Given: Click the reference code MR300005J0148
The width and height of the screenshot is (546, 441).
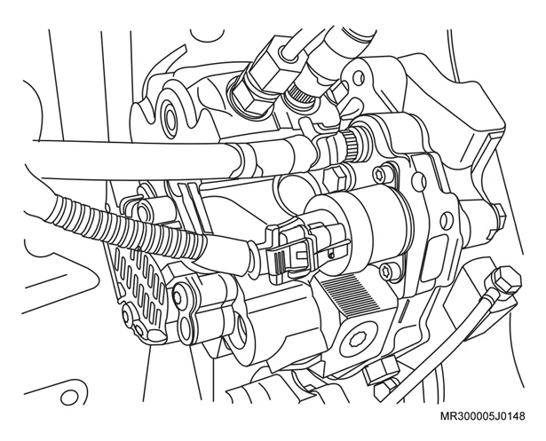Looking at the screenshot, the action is click(x=482, y=416).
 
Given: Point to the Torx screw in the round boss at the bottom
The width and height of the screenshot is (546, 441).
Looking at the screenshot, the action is click(x=358, y=339).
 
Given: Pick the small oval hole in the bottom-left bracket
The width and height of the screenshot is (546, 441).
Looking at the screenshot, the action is click(x=69, y=397).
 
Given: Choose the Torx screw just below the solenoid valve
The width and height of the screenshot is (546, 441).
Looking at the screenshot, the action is click(x=387, y=271).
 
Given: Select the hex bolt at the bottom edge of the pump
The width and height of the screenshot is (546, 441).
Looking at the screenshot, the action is click(x=380, y=371).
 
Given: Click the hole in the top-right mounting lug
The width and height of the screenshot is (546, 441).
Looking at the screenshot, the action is click(x=359, y=77).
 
